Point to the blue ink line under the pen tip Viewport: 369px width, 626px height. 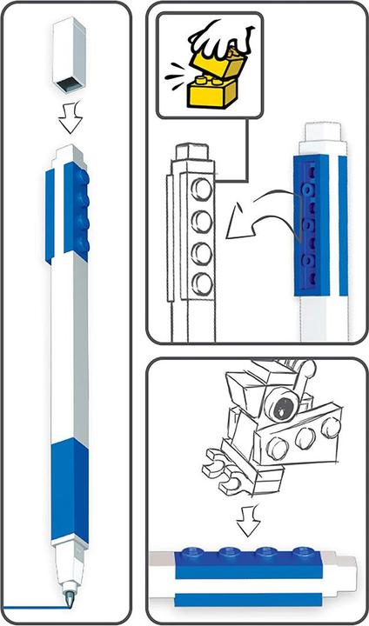35,606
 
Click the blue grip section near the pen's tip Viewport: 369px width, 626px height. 68,491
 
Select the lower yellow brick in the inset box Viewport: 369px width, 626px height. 206,90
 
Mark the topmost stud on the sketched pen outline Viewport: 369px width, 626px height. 201,189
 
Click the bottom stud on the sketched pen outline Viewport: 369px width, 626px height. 201,283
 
